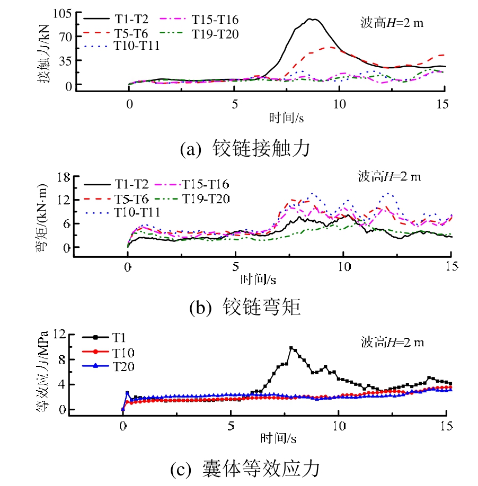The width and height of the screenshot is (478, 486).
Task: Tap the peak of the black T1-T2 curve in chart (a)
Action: (313, 20)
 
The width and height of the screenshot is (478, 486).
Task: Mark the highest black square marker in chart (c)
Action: (291, 348)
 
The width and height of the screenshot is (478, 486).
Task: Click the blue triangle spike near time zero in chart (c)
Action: (127, 393)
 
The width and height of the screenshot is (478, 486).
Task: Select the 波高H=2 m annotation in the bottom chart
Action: (393, 341)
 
